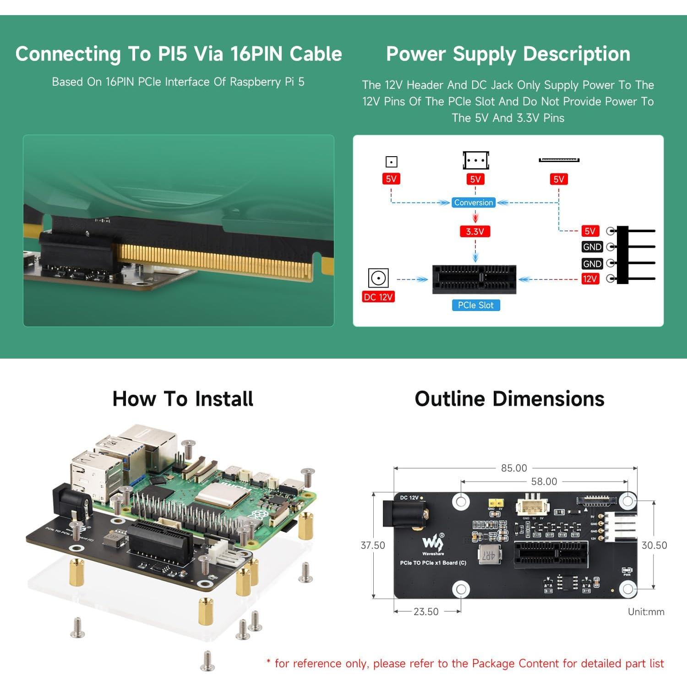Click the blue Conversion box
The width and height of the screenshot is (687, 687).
[x=474, y=202]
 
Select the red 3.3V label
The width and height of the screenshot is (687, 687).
[x=475, y=232]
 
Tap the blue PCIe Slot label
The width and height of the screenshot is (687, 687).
[x=475, y=305]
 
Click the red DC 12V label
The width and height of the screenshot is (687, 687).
[x=378, y=297]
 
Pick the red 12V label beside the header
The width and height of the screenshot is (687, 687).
[x=589, y=279]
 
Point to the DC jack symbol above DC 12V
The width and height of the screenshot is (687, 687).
[x=378, y=278]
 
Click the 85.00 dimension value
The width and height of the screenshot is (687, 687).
[x=514, y=468]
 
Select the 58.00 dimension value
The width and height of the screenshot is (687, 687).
[x=544, y=481]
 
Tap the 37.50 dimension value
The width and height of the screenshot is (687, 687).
[x=373, y=545]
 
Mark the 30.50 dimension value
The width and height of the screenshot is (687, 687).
[x=654, y=545]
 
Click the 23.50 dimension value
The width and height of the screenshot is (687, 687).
[x=426, y=611]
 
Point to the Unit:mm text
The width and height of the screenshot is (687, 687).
[x=646, y=612]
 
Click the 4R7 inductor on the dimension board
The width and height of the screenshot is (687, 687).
[x=489, y=555]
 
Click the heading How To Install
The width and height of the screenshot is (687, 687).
[x=183, y=398]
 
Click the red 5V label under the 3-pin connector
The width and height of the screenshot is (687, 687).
[x=475, y=180]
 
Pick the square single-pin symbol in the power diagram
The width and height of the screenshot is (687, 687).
[x=391, y=162]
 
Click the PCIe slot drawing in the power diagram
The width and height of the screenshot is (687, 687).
[x=474, y=279]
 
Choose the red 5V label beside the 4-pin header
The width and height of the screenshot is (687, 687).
[x=590, y=231]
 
